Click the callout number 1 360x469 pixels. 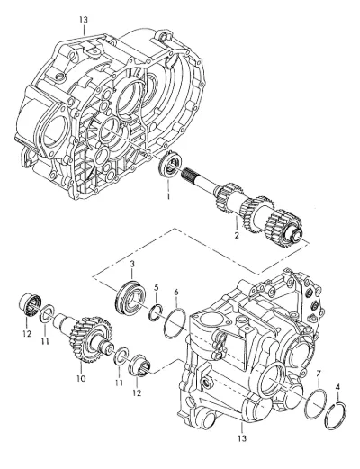168,196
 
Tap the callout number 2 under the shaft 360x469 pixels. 237,235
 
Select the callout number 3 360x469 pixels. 132,264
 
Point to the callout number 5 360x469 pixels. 157,287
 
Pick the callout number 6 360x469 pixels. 176,292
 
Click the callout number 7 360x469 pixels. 319,374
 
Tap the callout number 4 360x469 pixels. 338,387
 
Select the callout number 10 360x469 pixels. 81,378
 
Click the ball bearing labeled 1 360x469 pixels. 170,164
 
